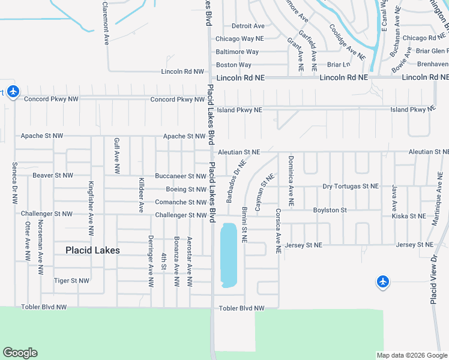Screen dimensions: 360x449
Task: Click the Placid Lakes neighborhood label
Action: [x=92, y=250]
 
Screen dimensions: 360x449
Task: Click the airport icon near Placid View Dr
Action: [x=383, y=281]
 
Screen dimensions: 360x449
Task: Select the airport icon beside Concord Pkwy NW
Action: [x=13, y=92]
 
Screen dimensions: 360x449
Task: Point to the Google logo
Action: [x=20, y=353]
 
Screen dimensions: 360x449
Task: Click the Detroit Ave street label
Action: [x=248, y=26]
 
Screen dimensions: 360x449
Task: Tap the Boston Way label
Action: [x=234, y=65]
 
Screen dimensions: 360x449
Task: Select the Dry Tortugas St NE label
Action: [x=351, y=187]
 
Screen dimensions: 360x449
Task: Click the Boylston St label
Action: [x=330, y=210]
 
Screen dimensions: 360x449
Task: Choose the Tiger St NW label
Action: [x=71, y=280]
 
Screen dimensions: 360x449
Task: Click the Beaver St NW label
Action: [x=53, y=175]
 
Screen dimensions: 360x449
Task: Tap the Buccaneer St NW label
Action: [x=181, y=176]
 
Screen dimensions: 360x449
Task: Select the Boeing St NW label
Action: [x=186, y=190]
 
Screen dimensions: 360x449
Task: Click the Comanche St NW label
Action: [x=181, y=202]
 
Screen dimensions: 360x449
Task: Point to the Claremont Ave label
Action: [x=105, y=23]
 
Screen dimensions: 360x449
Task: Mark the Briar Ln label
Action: [x=338, y=64]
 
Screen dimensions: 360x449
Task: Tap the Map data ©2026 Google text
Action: [x=411, y=355]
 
